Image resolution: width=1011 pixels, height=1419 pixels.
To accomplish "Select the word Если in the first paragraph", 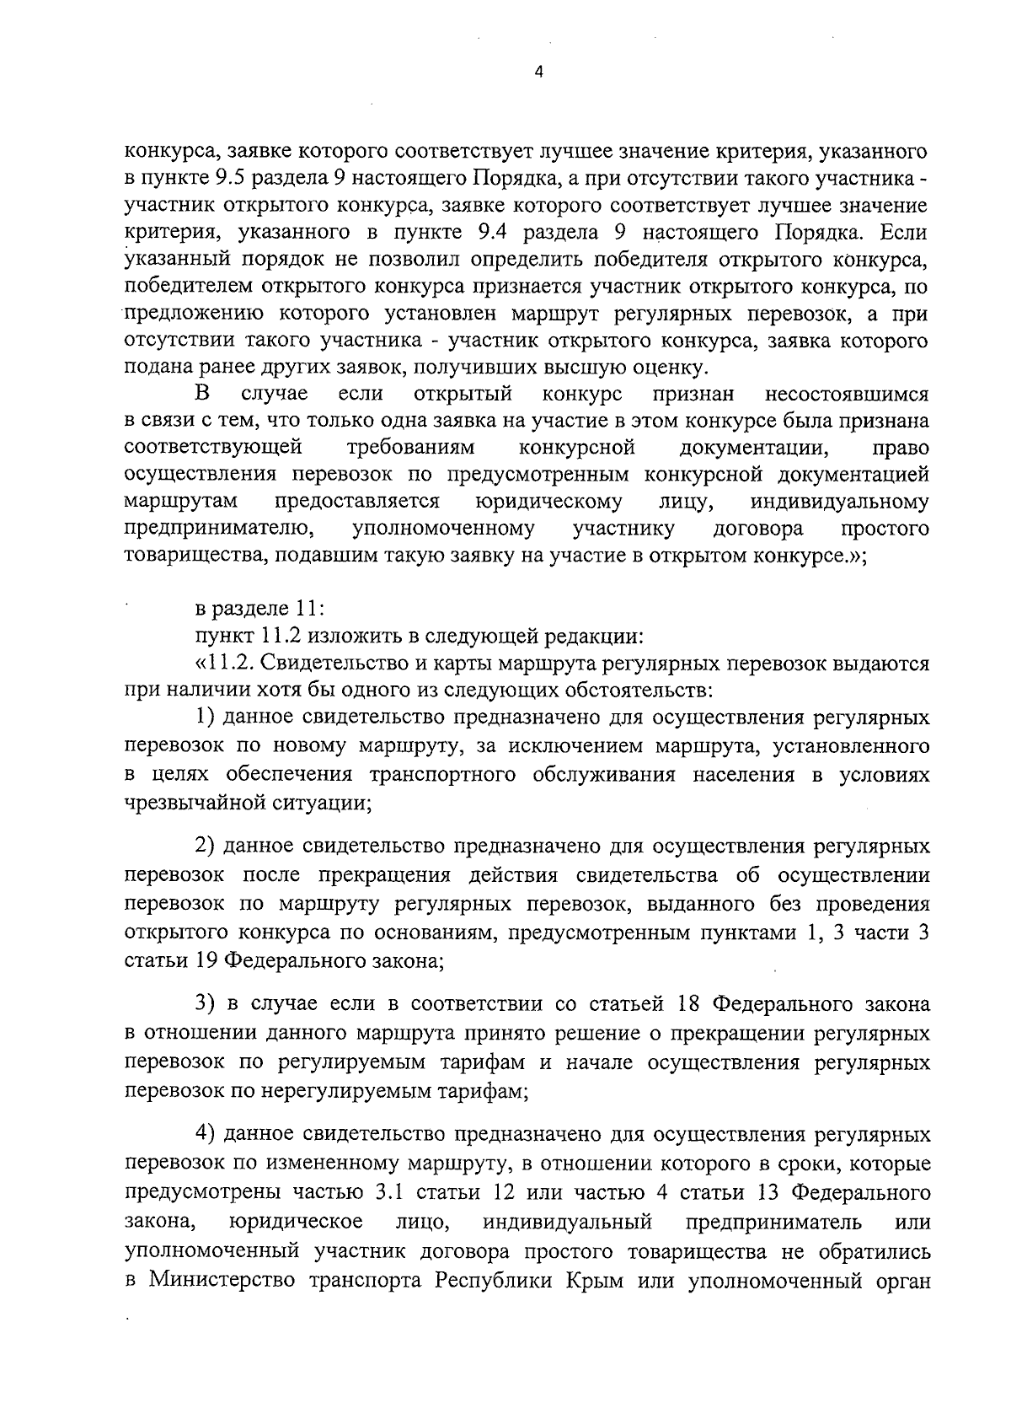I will [903, 233].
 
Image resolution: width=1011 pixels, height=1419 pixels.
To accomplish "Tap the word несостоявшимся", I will [847, 394].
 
